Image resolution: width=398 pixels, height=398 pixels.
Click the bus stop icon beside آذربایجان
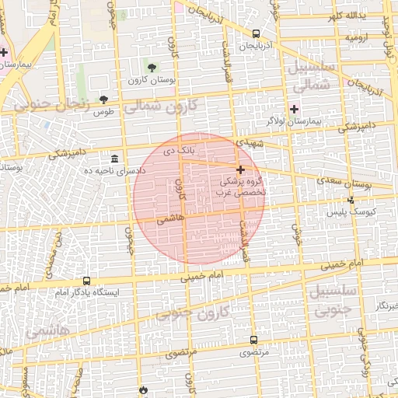coord(257,33)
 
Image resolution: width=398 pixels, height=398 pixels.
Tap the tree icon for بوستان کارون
coord(152,68)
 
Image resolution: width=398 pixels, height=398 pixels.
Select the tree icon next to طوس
coord(103,99)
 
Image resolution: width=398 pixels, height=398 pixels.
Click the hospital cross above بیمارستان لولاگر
coord(294,109)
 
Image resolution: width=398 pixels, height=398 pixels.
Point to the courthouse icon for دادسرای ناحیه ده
coord(114,158)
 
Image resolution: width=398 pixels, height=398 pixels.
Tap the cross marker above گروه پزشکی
coord(240,169)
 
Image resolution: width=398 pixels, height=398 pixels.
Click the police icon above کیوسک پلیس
coord(351,200)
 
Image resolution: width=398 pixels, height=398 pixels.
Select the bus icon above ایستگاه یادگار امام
coord(86,281)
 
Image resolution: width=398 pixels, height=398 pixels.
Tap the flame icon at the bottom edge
coord(143,389)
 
